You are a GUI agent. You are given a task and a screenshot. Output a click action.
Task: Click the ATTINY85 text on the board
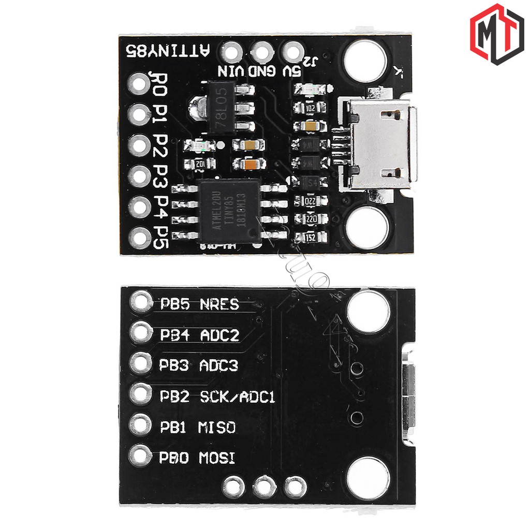click(x=169, y=50)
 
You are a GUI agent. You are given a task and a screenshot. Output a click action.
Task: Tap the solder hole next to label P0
click(x=140, y=83)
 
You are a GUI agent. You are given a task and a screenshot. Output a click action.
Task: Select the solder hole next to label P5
click(x=140, y=238)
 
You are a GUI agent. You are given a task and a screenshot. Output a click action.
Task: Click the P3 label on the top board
click(x=161, y=176)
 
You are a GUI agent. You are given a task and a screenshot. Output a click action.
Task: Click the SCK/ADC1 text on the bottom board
click(x=237, y=397)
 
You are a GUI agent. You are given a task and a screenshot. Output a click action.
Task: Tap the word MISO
click(x=216, y=428)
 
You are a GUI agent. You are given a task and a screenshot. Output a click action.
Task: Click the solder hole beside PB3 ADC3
click(x=141, y=363)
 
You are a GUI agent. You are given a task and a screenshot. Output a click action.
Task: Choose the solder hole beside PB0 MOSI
click(x=141, y=456)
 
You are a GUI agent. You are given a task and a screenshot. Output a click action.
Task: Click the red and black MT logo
click(x=497, y=34)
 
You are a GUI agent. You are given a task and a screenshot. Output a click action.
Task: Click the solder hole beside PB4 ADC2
click(x=141, y=332)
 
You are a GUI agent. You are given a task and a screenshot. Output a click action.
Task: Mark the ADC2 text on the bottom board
click(x=219, y=335)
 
